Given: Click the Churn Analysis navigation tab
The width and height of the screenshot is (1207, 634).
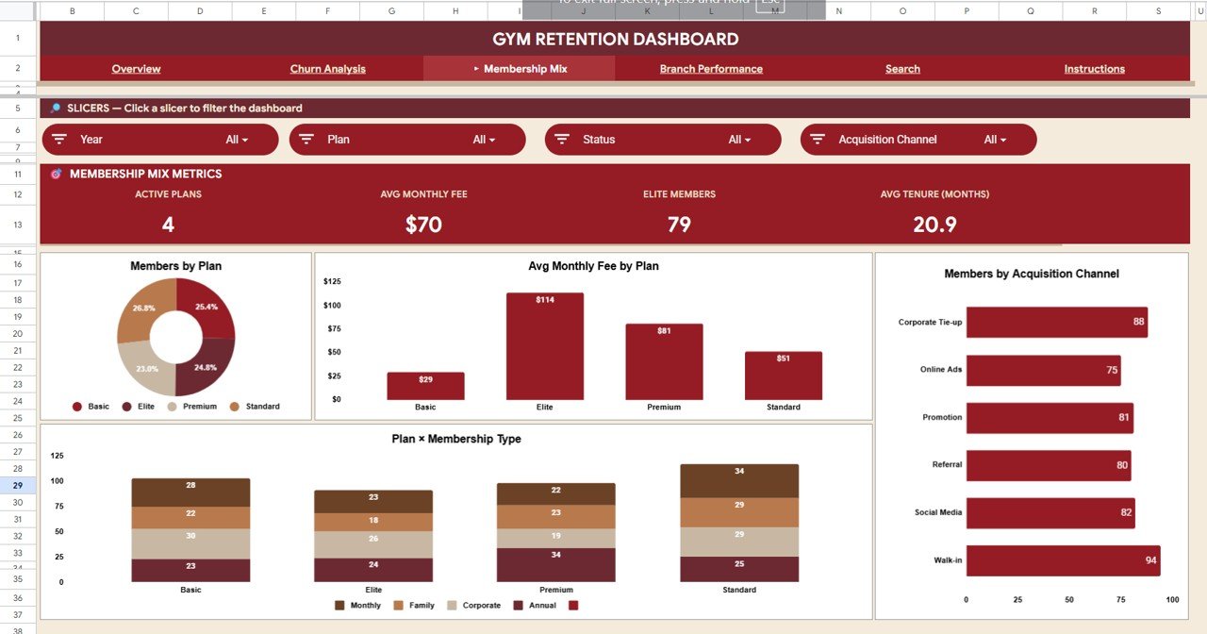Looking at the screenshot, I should [327, 69].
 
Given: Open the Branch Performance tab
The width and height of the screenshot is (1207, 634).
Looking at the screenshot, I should [711, 69].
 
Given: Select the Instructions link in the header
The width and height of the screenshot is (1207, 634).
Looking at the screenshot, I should [1094, 69].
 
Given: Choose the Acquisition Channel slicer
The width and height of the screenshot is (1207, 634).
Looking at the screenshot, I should [918, 140].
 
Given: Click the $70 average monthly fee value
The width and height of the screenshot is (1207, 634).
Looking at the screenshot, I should [423, 225].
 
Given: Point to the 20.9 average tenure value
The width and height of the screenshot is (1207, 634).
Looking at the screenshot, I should [934, 225].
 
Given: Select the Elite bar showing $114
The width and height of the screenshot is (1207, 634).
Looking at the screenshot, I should [545, 346].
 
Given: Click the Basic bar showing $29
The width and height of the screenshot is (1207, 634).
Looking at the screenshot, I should [425, 386].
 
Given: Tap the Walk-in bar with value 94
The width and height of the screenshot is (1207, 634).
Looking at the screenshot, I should [1063, 560].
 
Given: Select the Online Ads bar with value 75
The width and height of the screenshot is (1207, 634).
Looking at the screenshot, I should [1042, 370].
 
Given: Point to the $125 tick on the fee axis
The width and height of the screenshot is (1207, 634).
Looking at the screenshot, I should [332, 281].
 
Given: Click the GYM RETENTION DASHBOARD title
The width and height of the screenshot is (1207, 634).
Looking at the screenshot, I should [615, 40].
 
